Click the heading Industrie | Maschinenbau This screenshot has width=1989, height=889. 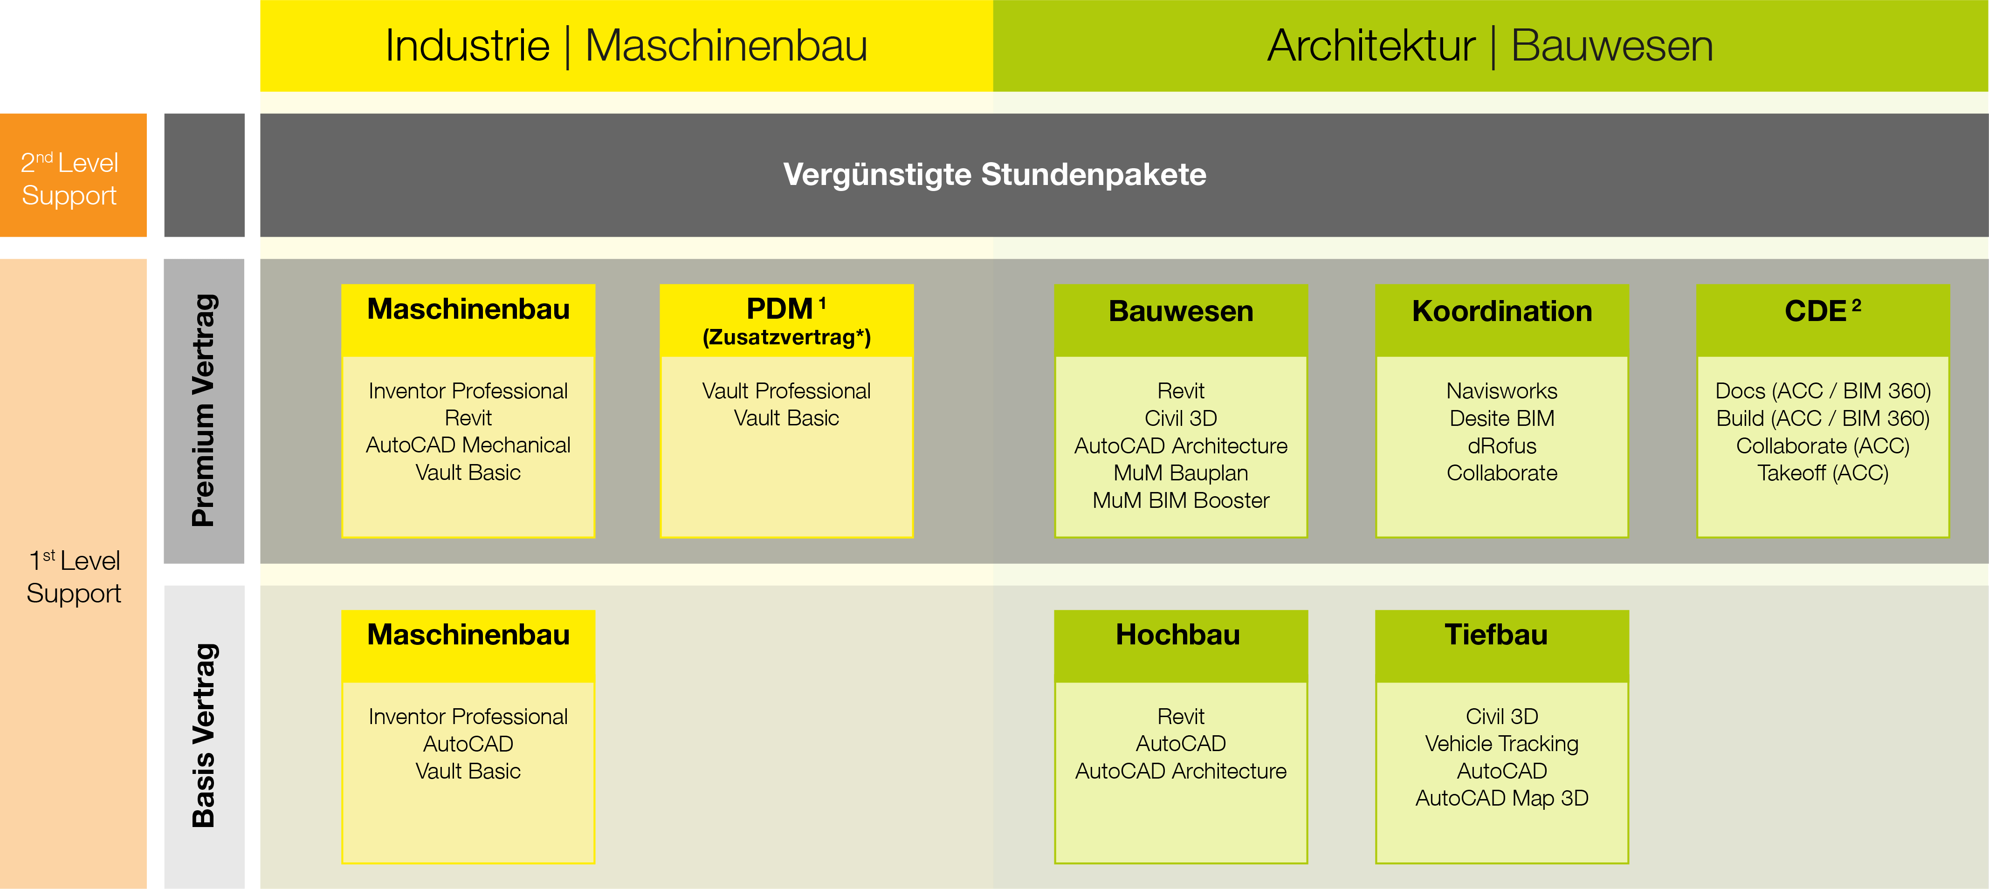[626, 46]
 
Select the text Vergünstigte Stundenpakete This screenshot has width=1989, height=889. [995, 174]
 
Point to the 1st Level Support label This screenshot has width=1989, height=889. [74, 576]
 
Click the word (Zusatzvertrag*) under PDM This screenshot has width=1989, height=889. [786, 337]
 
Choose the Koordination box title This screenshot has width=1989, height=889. [1502, 311]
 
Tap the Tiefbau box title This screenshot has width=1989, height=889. [1496, 634]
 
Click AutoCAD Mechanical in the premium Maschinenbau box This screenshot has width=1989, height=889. [468, 445]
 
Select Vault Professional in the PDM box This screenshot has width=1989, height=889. [786, 391]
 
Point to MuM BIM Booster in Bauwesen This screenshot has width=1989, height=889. [1181, 500]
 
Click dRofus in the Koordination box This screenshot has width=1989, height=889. [1502, 446]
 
